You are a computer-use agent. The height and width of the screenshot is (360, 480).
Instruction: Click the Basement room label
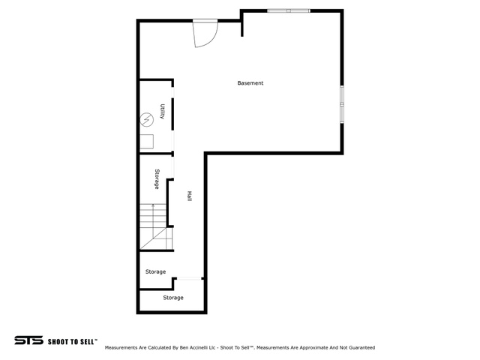(250, 83)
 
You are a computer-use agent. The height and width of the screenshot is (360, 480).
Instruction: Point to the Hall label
(190, 196)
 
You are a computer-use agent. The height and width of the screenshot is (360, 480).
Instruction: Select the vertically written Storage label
(157, 178)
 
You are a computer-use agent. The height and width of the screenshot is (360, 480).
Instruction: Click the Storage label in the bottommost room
(173, 298)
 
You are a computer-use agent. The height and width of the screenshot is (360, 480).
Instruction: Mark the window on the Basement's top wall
(289, 10)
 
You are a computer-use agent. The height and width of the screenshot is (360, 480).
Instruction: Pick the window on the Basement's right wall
(342, 104)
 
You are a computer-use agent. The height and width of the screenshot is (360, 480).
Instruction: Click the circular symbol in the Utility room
(147, 118)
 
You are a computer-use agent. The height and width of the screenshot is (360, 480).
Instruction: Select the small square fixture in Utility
(147, 141)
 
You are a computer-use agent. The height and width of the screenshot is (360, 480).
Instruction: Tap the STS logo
(28, 340)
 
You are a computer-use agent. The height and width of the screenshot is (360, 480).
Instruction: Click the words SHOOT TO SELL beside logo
(73, 340)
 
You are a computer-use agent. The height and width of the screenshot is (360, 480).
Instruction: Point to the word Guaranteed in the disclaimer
(359, 348)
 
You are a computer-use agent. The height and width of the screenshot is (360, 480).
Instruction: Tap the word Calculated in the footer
(155, 348)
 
